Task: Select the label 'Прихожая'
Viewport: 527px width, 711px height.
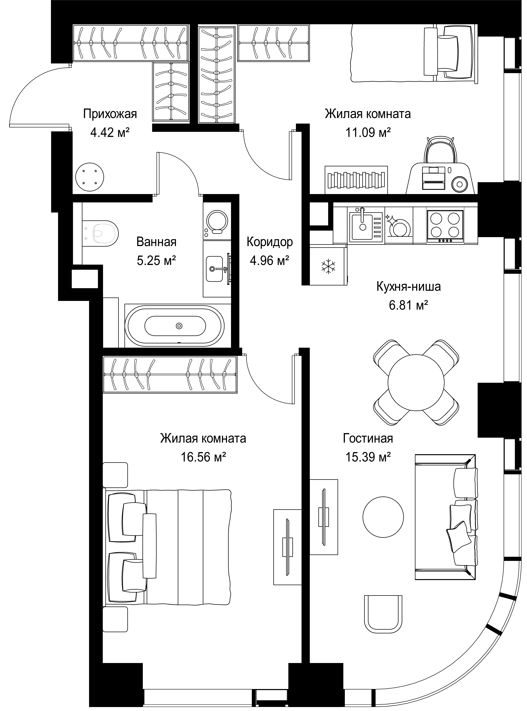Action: tap(110, 114)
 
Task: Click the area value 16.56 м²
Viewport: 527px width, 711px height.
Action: tap(204, 457)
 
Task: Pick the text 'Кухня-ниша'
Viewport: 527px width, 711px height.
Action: tap(409, 287)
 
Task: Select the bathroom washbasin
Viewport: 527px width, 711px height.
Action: tap(214, 269)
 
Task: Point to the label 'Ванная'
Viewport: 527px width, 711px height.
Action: tap(156, 242)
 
